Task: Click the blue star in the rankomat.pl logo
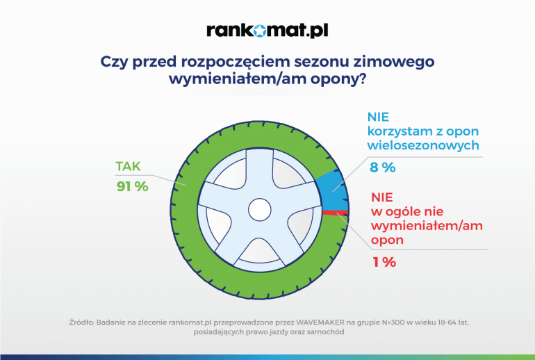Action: (260, 31)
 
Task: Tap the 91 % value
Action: (133, 186)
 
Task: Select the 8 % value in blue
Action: (383, 167)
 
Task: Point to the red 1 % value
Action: (384, 262)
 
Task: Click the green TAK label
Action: (128, 166)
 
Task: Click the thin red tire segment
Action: (336, 213)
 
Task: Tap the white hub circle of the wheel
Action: (260, 210)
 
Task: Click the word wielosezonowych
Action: (423, 145)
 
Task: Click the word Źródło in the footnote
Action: (81, 322)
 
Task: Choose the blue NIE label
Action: (378, 117)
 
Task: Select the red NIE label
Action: (382, 197)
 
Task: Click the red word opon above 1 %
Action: (387, 240)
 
